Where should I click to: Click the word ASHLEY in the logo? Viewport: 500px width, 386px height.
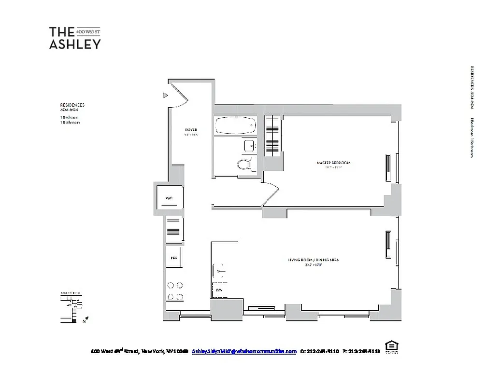pos(75,44)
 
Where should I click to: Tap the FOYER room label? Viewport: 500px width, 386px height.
pos(191,130)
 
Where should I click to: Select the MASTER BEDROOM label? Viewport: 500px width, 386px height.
pos(333,163)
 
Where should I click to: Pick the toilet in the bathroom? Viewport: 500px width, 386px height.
pos(246,165)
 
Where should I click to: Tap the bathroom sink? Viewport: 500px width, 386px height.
pos(250,146)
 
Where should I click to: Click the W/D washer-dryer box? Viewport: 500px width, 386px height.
pos(169,198)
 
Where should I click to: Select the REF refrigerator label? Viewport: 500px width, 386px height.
pos(173,258)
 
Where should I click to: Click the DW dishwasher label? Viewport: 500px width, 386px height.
pos(219,290)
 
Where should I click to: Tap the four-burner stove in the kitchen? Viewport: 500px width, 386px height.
pos(174,291)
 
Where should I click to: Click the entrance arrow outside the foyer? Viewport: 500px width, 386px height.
pos(165,96)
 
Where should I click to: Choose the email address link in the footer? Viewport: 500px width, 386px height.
pos(244,351)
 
